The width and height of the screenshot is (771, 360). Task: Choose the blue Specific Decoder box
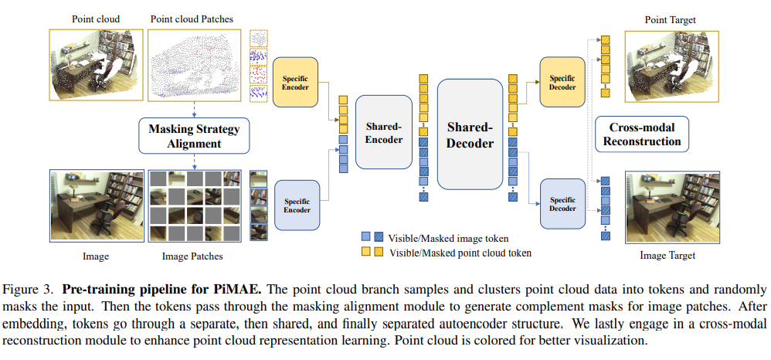tap(562, 204)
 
